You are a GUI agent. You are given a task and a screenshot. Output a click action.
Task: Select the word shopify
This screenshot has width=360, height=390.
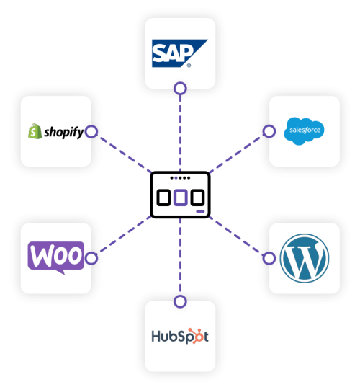[63, 132]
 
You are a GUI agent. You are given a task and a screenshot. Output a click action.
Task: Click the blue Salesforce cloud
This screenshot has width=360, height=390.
[304, 130]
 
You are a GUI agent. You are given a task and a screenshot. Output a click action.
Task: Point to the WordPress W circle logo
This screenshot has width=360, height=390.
[304, 257]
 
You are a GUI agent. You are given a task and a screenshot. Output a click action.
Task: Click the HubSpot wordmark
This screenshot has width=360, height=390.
[179, 336]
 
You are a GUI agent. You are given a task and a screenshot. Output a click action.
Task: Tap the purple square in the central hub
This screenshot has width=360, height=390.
[180, 197]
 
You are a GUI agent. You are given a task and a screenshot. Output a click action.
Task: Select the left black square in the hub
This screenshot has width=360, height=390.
[163, 197]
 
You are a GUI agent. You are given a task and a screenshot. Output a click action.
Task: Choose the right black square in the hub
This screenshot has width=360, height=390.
[197, 197]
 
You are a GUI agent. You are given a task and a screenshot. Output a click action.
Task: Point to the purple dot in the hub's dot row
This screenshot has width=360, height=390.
[172, 177]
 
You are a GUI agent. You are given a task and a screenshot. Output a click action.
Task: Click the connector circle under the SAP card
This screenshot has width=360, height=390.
[180, 89]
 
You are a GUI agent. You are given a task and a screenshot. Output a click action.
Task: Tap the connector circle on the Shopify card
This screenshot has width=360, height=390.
[91, 132]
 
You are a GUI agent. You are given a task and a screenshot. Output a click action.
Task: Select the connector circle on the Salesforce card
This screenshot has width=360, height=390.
[269, 131]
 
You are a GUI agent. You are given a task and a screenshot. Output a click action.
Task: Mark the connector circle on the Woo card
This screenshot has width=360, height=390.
[91, 257]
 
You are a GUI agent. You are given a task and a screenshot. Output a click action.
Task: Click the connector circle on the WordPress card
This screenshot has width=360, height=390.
[269, 257]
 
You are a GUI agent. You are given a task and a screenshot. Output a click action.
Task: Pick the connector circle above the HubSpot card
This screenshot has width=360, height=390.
[180, 301]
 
